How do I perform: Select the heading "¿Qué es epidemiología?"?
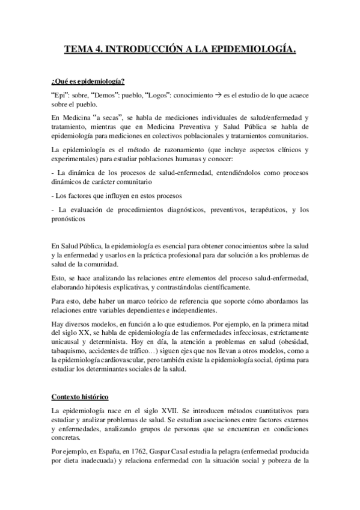[x=88, y=82]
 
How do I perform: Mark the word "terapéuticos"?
[x=256, y=210]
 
